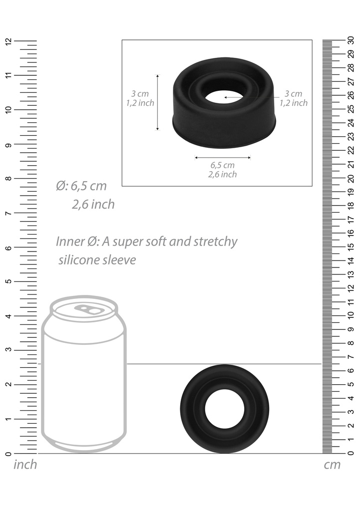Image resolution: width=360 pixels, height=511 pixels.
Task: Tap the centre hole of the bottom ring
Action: pyautogui.click(x=225, y=410)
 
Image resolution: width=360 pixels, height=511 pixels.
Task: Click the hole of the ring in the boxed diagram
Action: pyautogui.click(x=223, y=97)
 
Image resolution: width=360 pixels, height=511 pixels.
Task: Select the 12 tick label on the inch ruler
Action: pyautogui.click(x=7, y=41)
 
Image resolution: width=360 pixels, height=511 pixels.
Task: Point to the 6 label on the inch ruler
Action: pyautogui.click(x=7, y=248)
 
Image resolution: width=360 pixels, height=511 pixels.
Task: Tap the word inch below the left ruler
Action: pyautogui.click(x=25, y=465)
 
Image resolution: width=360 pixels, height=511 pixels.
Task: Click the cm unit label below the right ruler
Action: pyautogui.click(x=332, y=465)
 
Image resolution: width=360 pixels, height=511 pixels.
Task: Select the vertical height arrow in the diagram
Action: pyautogui.click(x=158, y=102)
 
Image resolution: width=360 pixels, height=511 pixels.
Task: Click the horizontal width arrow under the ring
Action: pyautogui.click(x=222, y=157)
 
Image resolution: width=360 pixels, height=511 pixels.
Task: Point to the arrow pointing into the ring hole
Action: pyautogui.click(x=250, y=97)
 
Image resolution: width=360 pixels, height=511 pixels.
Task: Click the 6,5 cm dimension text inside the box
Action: pyautogui.click(x=223, y=165)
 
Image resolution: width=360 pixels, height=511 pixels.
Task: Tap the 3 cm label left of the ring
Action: pyautogui.click(x=140, y=94)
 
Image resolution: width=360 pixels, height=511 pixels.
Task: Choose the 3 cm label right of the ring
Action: pyautogui.click(x=293, y=94)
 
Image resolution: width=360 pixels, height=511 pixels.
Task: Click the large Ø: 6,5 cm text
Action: pyautogui.click(x=81, y=186)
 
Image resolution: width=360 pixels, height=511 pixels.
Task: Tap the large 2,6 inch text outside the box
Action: pyautogui.click(x=93, y=204)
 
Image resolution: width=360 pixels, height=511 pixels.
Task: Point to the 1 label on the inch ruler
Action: pyautogui.click(x=7, y=419)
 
